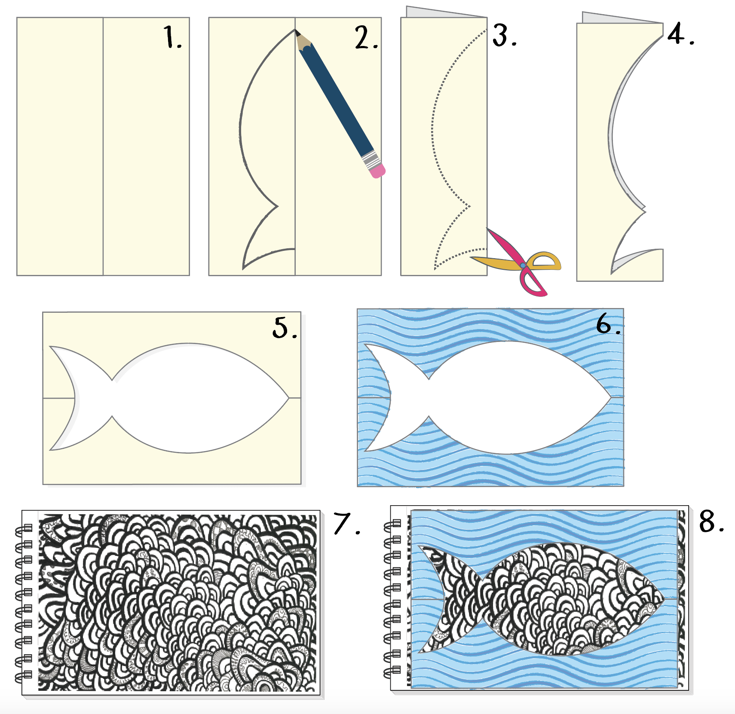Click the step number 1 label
[x=173, y=37]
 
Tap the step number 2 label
[x=366, y=37]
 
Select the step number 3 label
[x=505, y=35]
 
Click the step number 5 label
[x=285, y=328]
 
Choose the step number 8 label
[x=712, y=522]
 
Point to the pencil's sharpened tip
[x=296, y=31]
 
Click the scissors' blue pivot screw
[x=523, y=266]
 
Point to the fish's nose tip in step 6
[x=610, y=397]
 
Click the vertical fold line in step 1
[x=103, y=146]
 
